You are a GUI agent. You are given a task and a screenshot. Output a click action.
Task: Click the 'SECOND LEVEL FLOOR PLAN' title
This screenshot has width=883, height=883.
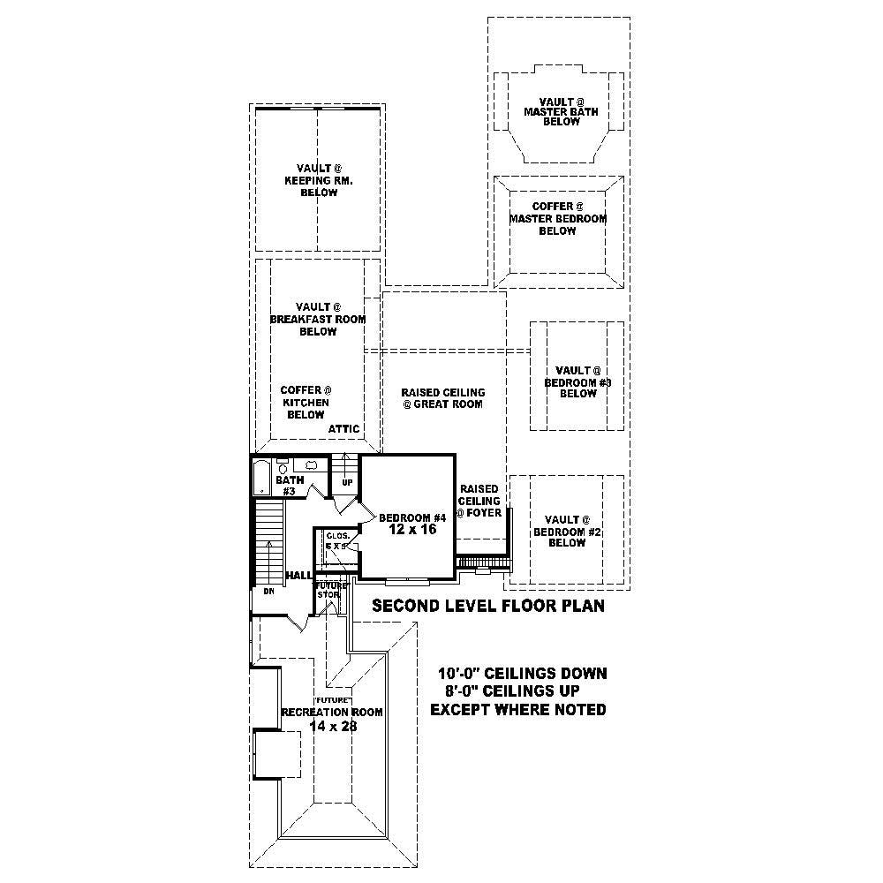pyautogui.click(x=487, y=607)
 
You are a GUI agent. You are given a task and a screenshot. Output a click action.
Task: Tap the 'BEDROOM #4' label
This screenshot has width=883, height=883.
pyautogui.click(x=411, y=517)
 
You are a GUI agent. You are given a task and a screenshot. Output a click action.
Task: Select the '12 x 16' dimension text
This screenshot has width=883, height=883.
pyautogui.click(x=412, y=531)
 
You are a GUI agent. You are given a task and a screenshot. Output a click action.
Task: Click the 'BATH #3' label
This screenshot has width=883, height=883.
pyautogui.click(x=289, y=486)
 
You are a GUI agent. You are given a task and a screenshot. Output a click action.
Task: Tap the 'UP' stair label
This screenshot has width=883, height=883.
pyautogui.click(x=347, y=483)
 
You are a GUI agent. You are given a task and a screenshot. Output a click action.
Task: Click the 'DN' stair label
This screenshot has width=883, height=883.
pyautogui.click(x=269, y=592)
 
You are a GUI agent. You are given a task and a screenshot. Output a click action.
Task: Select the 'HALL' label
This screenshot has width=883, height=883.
pyautogui.click(x=298, y=576)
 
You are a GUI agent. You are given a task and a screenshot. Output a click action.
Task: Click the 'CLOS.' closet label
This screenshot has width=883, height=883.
pyautogui.click(x=337, y=536)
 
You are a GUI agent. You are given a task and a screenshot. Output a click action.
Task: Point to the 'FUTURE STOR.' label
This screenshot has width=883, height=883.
pyautogui.click(x=328, y=590)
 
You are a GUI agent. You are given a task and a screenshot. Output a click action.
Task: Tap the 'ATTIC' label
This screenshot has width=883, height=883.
pyautogui.click(x=344, y=429)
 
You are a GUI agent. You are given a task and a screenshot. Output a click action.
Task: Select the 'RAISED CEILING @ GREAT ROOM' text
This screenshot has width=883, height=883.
pyautogui.click(x=442, y=398)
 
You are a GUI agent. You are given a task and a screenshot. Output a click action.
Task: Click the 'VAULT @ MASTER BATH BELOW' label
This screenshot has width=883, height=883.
pyautogui.click(x=561, y=112)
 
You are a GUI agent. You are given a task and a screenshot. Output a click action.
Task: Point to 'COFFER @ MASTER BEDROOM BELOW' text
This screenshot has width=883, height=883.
pyautogui.click(x=557, y=218)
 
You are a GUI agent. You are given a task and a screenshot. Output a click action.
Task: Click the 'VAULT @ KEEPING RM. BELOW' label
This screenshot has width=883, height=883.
pyautogui.click(x=318, y=180)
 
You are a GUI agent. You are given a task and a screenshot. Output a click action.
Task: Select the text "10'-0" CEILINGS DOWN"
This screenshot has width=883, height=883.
pyautogui.click(x=523, y=674)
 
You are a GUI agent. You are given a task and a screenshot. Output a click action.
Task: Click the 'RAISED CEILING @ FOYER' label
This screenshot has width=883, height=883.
pyautogui.click(x=479, y=501)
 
